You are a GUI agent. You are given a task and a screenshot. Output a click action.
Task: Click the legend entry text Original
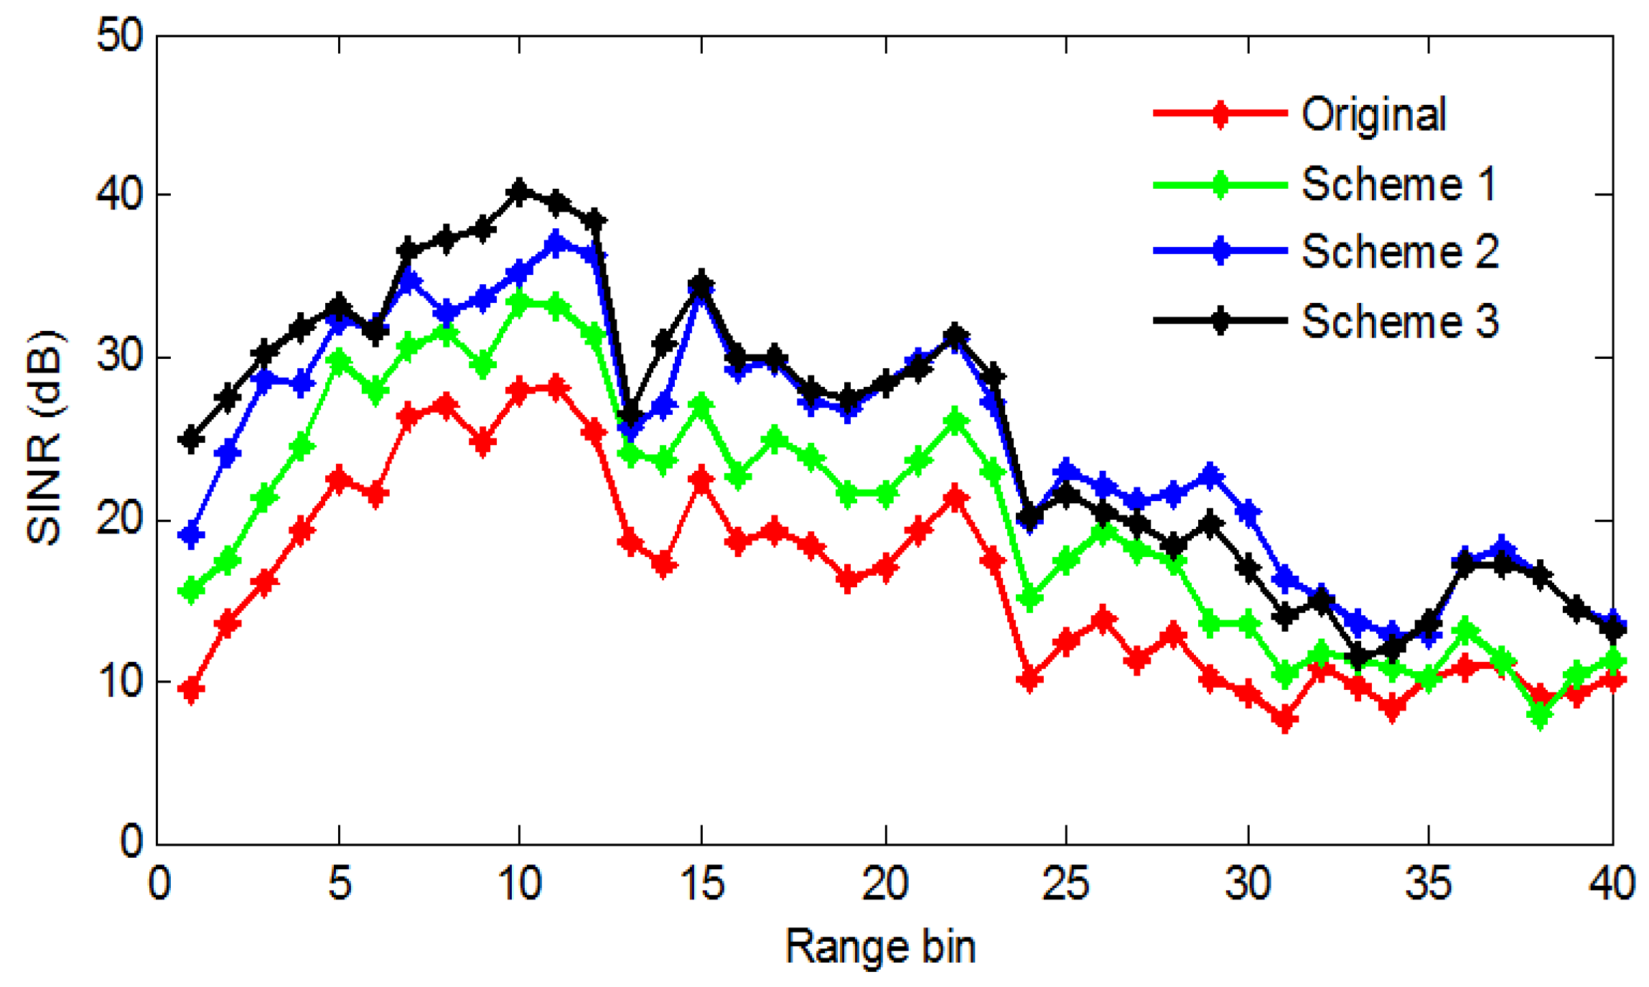point(1373,114)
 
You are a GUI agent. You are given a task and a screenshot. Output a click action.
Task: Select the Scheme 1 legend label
point(1398,184)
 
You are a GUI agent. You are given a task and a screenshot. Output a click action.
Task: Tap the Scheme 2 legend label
point(1400,251)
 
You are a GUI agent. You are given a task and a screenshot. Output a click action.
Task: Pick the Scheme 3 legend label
point(1400,320)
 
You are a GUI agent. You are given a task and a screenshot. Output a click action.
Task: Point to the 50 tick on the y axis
point(121,34)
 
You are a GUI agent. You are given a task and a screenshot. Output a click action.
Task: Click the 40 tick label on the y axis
point(121,195)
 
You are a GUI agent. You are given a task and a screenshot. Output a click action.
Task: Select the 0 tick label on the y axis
point(131,841)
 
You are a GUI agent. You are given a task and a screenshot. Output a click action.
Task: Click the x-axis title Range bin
point(880,946)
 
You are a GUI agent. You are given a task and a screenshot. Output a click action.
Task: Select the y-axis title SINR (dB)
point(45,438)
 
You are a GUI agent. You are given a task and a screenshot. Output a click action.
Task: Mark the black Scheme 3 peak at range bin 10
point(519,191)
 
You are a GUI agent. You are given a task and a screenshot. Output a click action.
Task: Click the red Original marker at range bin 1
point(192,690)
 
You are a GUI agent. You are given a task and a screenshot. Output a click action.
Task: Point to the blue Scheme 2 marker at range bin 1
point(192,535)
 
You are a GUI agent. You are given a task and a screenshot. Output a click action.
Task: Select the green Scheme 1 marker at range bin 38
point(1539,715)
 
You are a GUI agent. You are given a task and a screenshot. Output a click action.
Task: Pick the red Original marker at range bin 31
point(1285,719)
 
